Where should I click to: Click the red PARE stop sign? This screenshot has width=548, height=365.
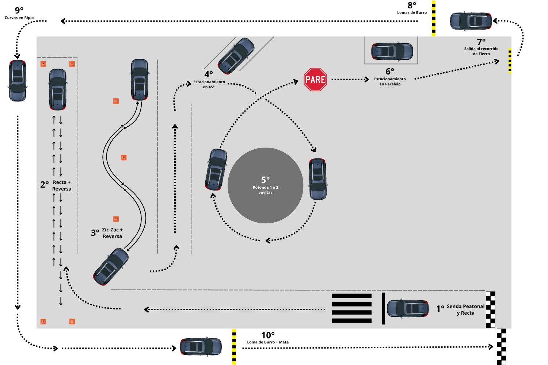[x=315, y=80]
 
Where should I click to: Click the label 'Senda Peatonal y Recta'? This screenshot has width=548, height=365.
[x=465, y=310]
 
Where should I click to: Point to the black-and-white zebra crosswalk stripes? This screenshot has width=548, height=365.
[x=351, y=308]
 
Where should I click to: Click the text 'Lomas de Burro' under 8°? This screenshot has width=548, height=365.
[x=412, y=12]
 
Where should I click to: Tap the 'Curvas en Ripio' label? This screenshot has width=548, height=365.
[x=19, y=18]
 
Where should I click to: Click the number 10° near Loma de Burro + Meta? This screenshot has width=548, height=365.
[x=268, y=335]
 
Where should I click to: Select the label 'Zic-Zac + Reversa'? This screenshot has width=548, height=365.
[x=112, y=233]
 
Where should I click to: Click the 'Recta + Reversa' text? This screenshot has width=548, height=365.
[x=61, y=185]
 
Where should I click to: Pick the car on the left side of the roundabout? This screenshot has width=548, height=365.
[x=216, y=170]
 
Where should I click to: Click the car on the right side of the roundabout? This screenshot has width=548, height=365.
[x=318, y=179]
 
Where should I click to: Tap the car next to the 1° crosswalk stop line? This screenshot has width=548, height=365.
[x=408, y=308]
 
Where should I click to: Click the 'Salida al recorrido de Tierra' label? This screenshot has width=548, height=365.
[x=481, y=51]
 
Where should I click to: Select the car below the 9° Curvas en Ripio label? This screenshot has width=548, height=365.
[x=18, y=81]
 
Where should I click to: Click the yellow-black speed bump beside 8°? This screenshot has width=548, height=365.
[x=434, y=18]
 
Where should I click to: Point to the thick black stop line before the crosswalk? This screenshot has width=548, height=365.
[x=383, y=308]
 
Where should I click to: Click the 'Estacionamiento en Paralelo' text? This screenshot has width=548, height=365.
[x=390, y=81]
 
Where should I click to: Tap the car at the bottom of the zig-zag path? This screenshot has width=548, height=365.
[x=111, y=266]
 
